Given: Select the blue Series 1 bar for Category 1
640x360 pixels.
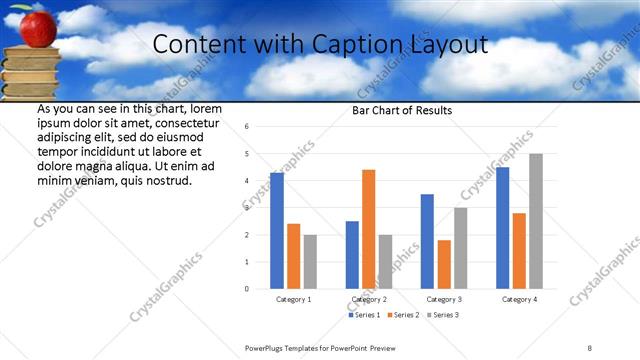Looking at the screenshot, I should click(x=277, y=231).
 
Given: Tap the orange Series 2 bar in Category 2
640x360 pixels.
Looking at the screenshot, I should click(x=368, y=229).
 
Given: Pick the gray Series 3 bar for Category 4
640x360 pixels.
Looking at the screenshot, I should click(x=536, y=221).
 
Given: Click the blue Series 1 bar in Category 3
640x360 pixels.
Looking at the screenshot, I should click(x=427, y=241).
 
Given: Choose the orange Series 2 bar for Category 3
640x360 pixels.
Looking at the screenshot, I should click(x=444, y=264).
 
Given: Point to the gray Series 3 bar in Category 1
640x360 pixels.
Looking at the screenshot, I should click(x=310, y=262).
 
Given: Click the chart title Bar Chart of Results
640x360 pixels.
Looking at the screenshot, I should click(x=402, y=110).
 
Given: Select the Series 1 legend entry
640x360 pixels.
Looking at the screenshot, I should click(x=365, y=315).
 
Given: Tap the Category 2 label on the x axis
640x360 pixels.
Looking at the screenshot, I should click(x=368, y=299).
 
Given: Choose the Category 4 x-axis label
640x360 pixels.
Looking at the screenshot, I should click(x=519, y=299).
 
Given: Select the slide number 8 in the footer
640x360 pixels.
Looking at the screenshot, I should click(x=590, y=347).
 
